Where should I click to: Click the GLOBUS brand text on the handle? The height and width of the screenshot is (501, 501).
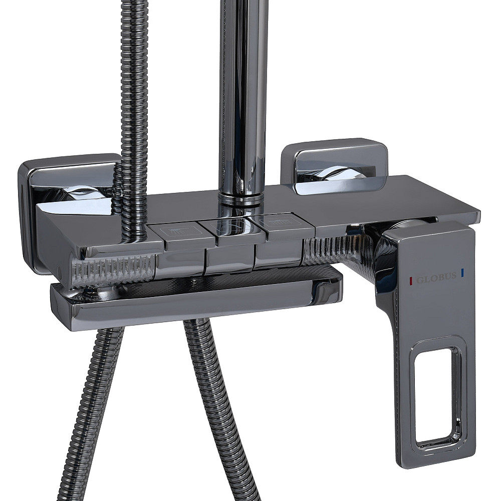pos(436,278)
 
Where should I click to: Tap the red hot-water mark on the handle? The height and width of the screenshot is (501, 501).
pos(411,280)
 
